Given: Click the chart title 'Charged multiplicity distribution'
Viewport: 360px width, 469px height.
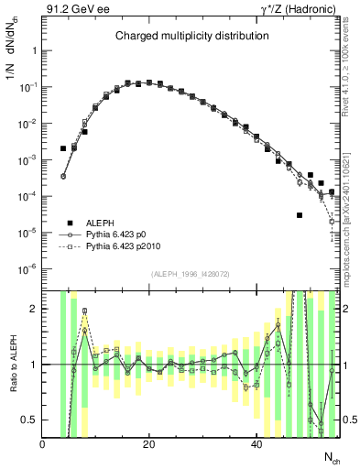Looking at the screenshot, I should tap(191, 37).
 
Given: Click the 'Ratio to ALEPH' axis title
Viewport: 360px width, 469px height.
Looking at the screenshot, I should tap(12, 364).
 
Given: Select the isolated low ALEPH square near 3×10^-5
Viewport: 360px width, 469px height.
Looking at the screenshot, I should tap(300, 215).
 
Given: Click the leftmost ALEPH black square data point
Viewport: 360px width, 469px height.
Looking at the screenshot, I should tap(63, 148).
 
